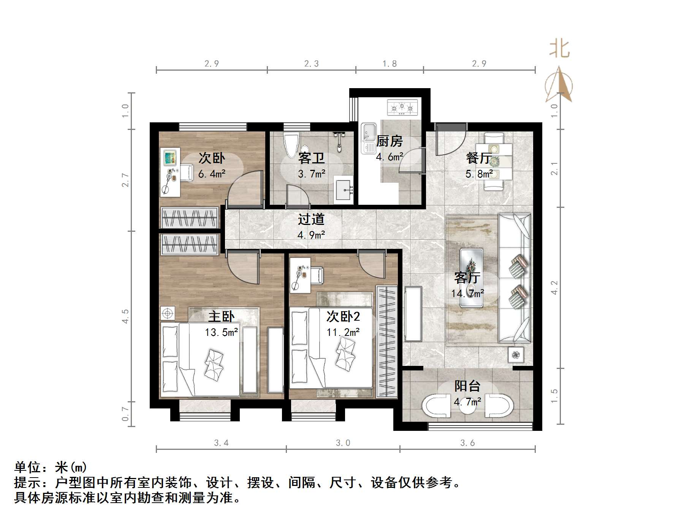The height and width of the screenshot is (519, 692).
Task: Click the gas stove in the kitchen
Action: tap(402, 107)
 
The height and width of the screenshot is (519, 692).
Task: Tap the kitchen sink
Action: tap(368, 138)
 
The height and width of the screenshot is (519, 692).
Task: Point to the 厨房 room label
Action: tap(389, 141)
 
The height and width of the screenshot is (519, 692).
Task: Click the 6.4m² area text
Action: tap(212, 174)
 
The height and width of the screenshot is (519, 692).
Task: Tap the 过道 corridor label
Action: tap(311, 219)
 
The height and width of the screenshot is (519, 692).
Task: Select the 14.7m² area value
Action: tap(467, 293)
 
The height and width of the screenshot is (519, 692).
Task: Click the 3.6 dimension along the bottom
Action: tap(467, 443)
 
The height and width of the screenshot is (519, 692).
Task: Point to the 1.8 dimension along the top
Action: tap(390, 63)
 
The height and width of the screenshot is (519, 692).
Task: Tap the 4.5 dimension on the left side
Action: tap(125, 316)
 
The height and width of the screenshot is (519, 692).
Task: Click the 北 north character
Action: tap(559, 49)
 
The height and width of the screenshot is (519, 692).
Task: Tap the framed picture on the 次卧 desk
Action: tap(170, 157)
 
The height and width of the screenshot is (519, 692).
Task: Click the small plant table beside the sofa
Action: tap(516, 355)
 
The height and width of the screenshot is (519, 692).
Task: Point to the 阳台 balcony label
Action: tap(467, 386)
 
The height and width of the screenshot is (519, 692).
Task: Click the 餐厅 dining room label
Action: tap(479, 158)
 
